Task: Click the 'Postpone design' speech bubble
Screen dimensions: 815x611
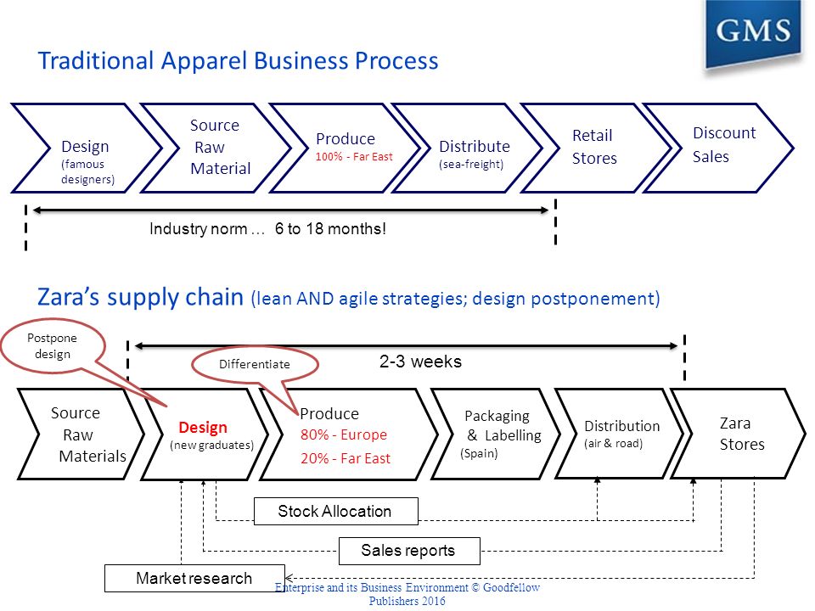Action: tap(53, 346)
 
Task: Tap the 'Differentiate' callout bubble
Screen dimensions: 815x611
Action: tap(255, 364)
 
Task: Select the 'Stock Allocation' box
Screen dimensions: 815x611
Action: tap(336, 511)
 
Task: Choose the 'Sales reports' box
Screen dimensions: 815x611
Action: tap(409, 551)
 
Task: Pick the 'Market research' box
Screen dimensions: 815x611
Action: tap(194, 578)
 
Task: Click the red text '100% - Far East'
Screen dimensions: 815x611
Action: tap(354, 157)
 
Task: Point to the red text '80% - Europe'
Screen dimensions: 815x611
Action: tap(344, 434)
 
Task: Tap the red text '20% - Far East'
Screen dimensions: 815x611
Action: tap(346, 458)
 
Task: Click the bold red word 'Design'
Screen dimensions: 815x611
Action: tap(203, 427)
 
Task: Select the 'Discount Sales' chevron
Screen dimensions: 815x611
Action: tap(718, 148)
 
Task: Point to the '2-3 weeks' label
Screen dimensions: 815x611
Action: tap(420, 362)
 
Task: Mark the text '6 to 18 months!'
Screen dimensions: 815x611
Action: tap(330, 228)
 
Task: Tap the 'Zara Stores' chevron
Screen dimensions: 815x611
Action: tap(738, 434)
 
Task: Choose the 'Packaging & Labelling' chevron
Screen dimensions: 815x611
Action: tap(496, 434)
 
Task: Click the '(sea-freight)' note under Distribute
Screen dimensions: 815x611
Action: tap(471, 165)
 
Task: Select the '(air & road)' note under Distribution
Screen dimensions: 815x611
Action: tap(613, 444)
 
